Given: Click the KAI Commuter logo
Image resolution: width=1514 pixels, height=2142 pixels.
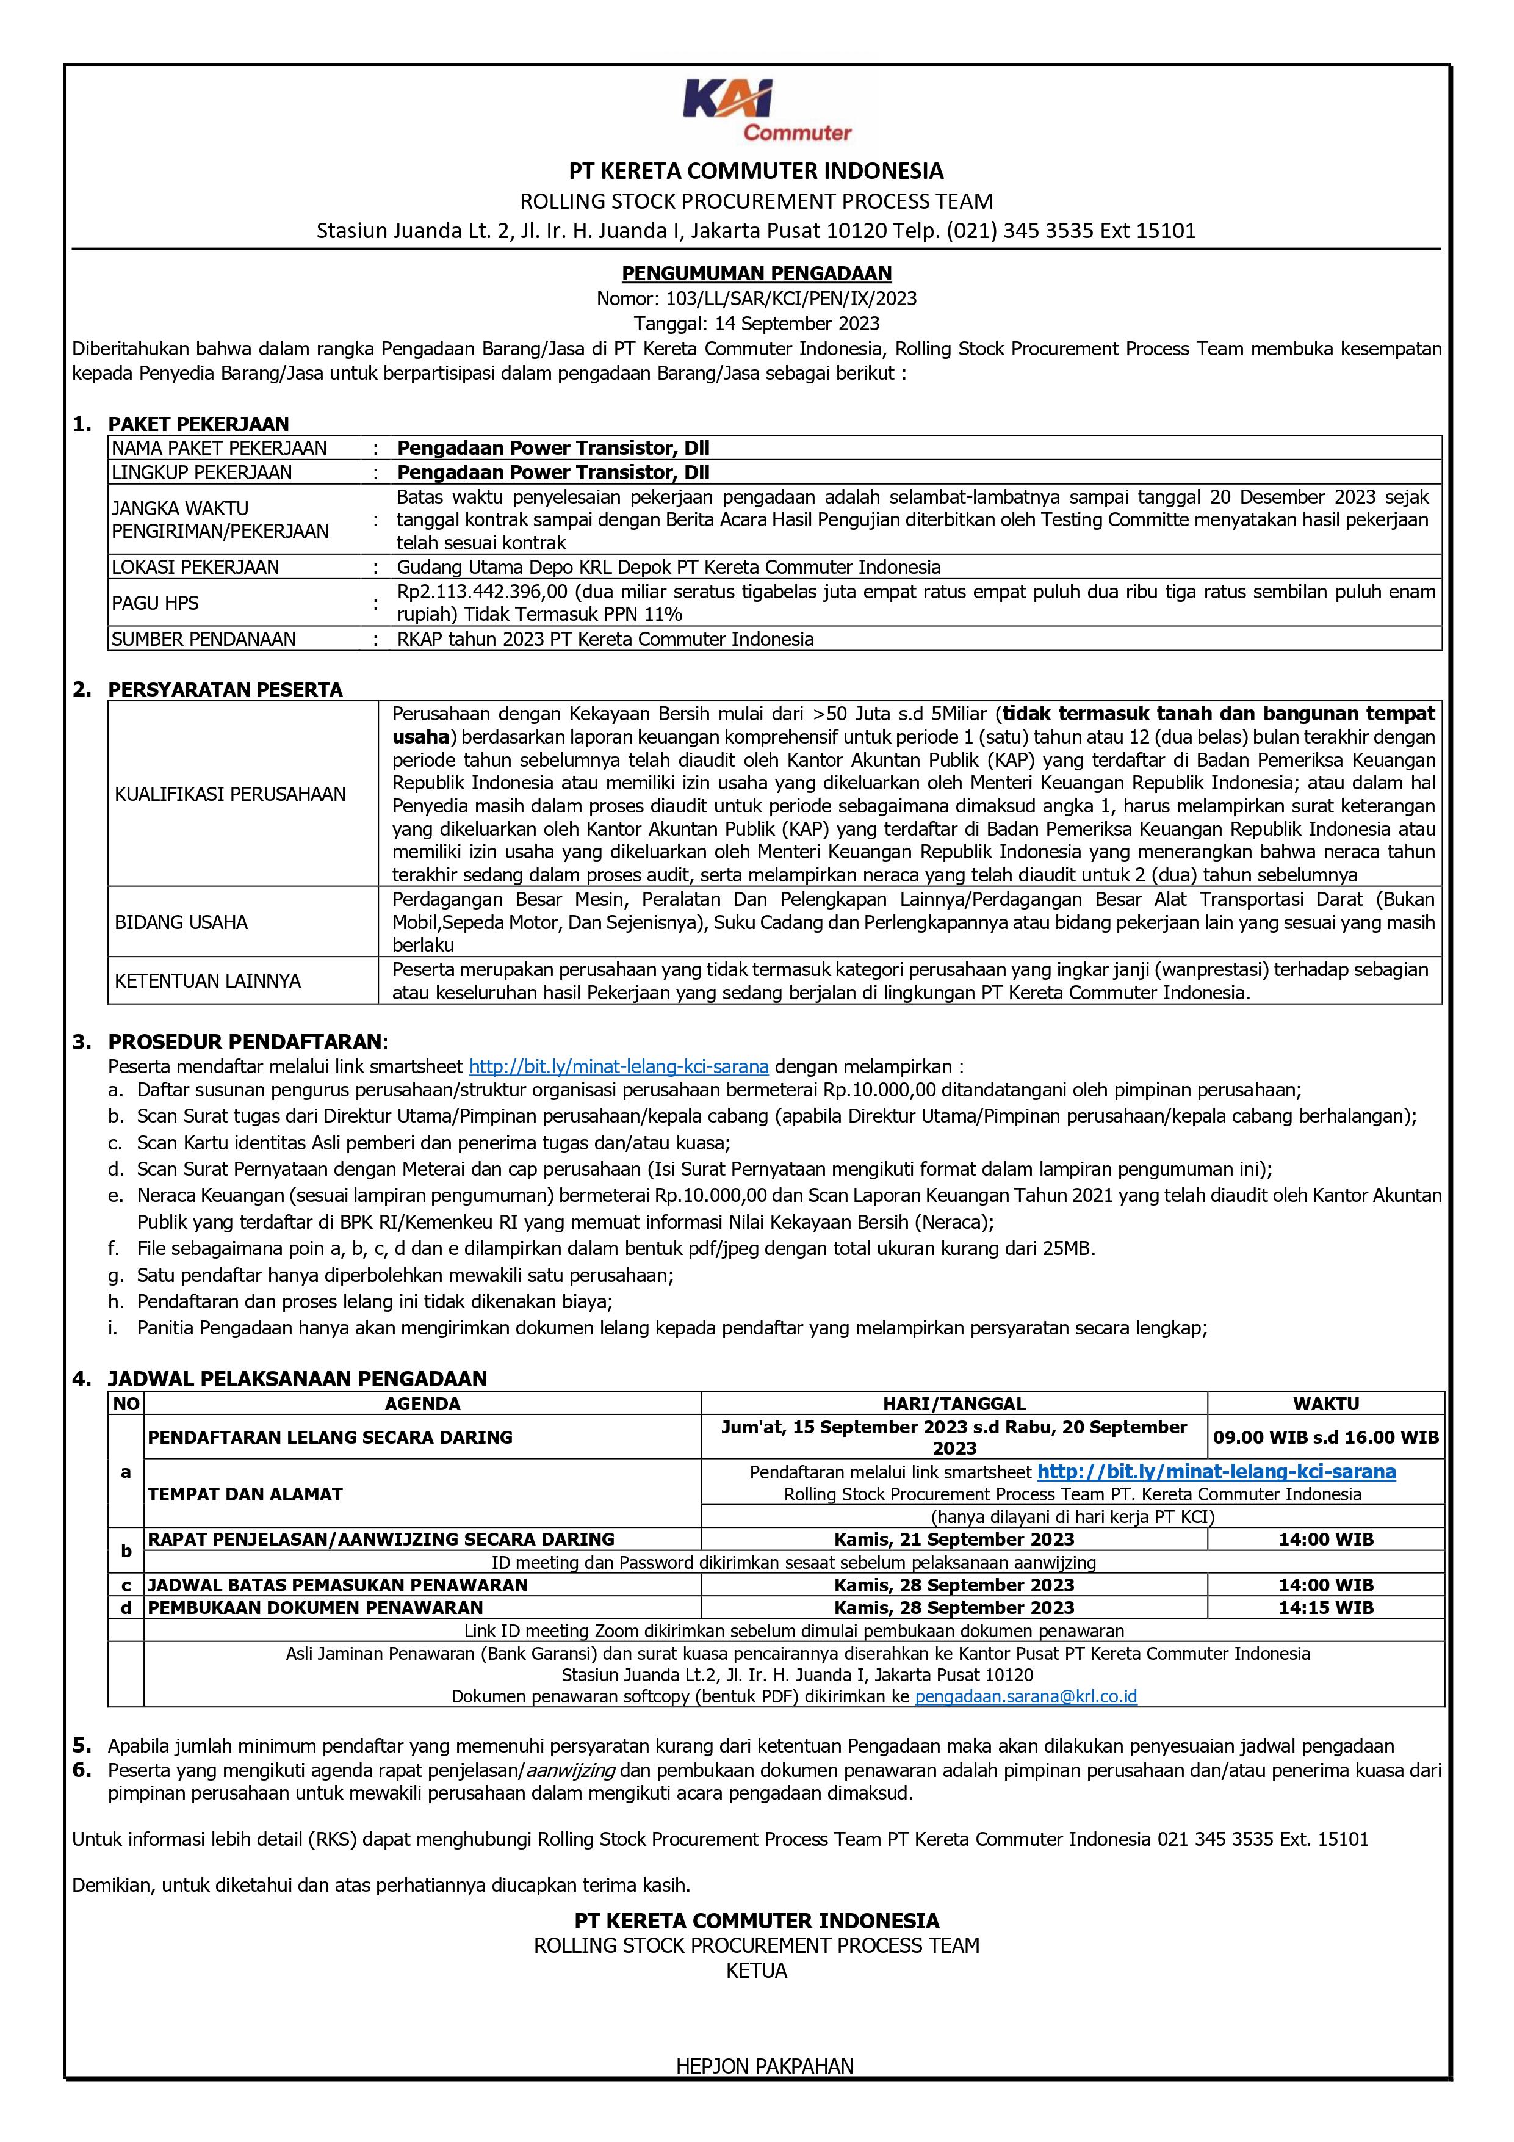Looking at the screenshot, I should coord(757,110).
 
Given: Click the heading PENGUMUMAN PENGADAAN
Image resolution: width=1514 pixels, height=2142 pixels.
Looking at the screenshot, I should coord(757,273).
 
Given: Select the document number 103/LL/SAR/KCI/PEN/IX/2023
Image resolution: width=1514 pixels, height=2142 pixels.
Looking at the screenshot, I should coord(791,299).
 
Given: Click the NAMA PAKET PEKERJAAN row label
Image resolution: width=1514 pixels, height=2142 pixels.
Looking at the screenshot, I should coord(219,448).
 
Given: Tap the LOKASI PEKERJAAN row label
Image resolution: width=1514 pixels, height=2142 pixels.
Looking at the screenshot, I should coord(195,567).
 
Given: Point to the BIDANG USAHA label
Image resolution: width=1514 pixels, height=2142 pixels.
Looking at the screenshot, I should coord(181,922).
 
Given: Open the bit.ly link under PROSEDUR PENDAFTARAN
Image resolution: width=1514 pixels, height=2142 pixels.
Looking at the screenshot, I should coord(618,1066).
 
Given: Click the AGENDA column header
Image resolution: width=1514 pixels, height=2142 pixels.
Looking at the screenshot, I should coord(422,1403).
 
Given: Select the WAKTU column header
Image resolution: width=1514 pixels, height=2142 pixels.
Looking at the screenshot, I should coord(1325,1403).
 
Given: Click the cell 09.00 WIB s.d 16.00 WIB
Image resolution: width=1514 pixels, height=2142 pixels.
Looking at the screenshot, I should coord(1325,1438).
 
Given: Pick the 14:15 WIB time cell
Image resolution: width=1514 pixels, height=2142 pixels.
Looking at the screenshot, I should coord(1325,1607).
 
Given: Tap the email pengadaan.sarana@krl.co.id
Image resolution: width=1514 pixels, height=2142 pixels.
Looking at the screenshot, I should coord(1025,1696).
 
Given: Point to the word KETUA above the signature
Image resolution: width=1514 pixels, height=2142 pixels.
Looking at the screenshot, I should coord(757,1970).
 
